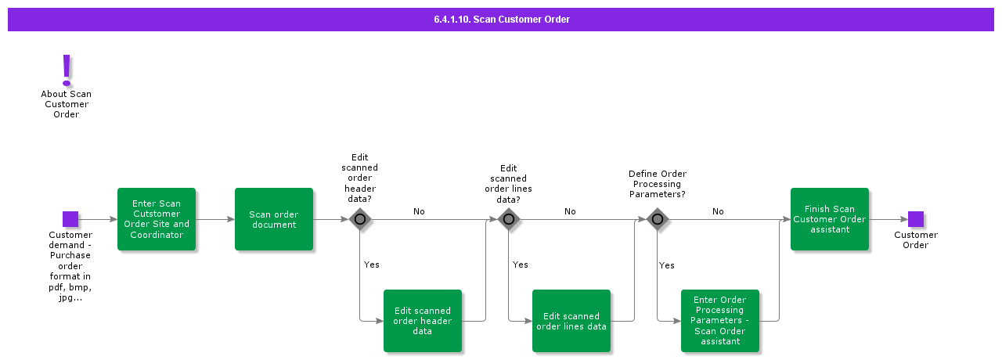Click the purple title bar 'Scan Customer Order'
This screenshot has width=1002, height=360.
point(501,20)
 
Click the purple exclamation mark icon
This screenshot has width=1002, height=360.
point(67,70)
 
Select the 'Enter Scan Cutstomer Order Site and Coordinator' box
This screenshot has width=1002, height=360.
point(157,219)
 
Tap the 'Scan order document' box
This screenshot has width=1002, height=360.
point(274,219)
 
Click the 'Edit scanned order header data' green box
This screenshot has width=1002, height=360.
point(423,321)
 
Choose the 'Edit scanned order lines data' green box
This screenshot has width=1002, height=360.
point(571,321)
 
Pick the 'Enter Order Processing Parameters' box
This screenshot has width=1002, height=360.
point(720,321)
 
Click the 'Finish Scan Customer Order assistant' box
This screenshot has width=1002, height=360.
point(830,219)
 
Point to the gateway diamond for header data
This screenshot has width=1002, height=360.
point(360,219)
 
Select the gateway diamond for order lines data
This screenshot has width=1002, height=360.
point(509,219)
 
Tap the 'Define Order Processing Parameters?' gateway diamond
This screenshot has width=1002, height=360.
point(658,219)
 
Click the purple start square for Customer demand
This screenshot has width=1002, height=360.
point(70,219)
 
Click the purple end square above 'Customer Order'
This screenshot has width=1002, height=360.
point(916,219)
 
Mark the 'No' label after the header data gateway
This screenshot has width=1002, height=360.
point(419,212)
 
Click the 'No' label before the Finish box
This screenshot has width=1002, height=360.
point(718,212)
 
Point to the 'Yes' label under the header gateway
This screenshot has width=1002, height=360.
point(372,265)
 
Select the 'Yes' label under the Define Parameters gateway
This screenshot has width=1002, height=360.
point(667,266)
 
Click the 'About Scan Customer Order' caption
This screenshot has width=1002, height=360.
point(67,104)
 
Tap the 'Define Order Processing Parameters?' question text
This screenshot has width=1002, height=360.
point(658,184)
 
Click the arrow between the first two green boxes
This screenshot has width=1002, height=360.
point(215,219)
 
